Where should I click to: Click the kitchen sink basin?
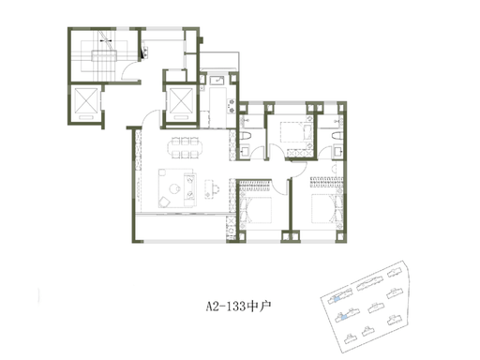(x=217, y=81)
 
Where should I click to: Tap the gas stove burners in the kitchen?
(x=232, y=106)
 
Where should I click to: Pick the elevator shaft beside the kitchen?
(x=181, y=100)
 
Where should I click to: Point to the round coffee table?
(x=174, y=188)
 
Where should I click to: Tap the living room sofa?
(x=190, y=189)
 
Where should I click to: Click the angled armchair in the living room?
(x=164, y=202)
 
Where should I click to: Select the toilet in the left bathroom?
(x=246, y=136)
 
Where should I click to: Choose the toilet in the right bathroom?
(x=337, y=136)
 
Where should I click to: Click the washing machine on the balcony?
(x=231, y=231)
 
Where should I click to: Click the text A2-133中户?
(x=238, y=307)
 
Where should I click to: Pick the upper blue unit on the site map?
(x=337, y=299)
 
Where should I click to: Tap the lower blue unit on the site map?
(x=343, y=318)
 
